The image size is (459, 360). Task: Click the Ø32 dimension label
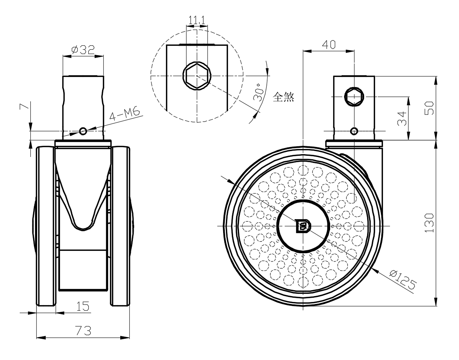coord(83,50)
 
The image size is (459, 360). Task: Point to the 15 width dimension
coord(83,306)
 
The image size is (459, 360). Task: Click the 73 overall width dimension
coord(83,330)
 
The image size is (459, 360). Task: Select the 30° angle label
coord(258,93)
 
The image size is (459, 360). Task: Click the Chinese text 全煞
coord(284,96)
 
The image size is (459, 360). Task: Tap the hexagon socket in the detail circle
coord(197,75)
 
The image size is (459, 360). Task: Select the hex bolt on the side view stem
coord(355,96)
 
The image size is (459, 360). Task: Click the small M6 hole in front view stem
coord(83,131)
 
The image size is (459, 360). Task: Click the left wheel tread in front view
coord(45,227)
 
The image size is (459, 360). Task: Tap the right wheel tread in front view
coord(121,227)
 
